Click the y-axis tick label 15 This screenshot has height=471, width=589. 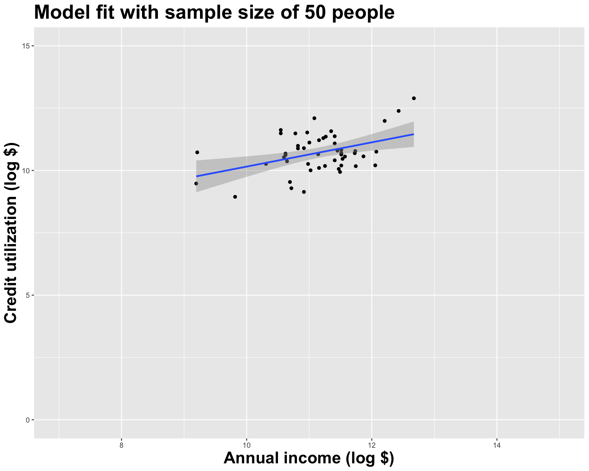[x=25, y=46]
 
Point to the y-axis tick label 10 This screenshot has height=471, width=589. [x=25, y=170]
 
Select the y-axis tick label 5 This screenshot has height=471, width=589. [x=27, y=295]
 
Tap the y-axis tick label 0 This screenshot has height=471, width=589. [x=27, y=420]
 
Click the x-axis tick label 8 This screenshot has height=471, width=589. [x=121, y=445]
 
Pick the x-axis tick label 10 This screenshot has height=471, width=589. [x=247, y=445]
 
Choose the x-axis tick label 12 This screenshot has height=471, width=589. [x=372, y=445]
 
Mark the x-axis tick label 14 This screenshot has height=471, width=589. [x=497, y=445]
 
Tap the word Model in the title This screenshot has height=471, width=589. [x=61, y=13]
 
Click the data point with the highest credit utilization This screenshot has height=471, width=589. [x=414, y=98]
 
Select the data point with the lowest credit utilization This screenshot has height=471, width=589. [x=235, y=197]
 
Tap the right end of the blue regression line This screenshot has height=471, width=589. [x=414, y=134]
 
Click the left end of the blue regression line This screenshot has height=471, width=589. [x=197, y=176]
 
